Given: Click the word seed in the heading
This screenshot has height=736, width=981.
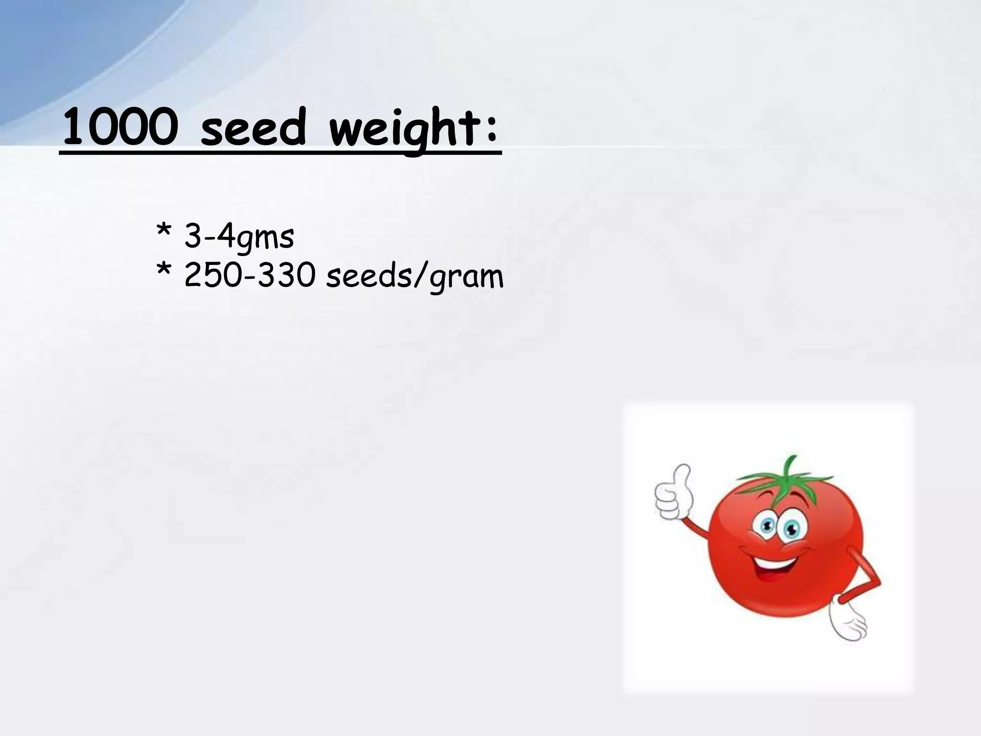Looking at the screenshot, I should pos(252,128).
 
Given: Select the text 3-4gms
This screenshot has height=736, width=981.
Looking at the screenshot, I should pos(239,237).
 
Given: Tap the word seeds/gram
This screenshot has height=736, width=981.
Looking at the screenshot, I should pos(414,277).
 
